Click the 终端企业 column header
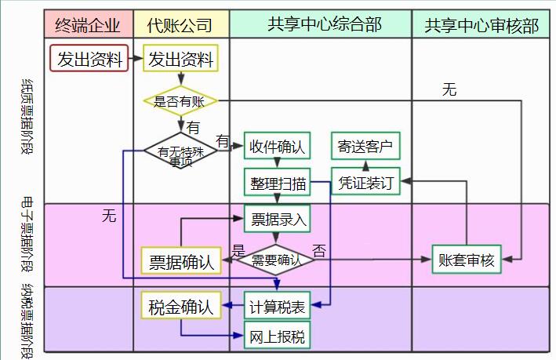pos(89,25)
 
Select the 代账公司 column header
pos(180,25)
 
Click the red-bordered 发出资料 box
pos(90,59)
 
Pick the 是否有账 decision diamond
pos(180,100)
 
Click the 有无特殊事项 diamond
pos(180,151)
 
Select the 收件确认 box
pos(278,146)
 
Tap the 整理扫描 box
pos(278,183)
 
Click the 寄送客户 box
pos(365,146)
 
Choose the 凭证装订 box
pos(365,183)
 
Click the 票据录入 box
pos(278,219)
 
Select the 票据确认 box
pos(182,261)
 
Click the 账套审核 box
pos(467,260)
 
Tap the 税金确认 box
pos(181,307)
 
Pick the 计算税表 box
pos(278,307)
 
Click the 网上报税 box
pos(278,338)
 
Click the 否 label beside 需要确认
pos(319,251)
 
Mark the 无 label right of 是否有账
pos(449,89)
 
